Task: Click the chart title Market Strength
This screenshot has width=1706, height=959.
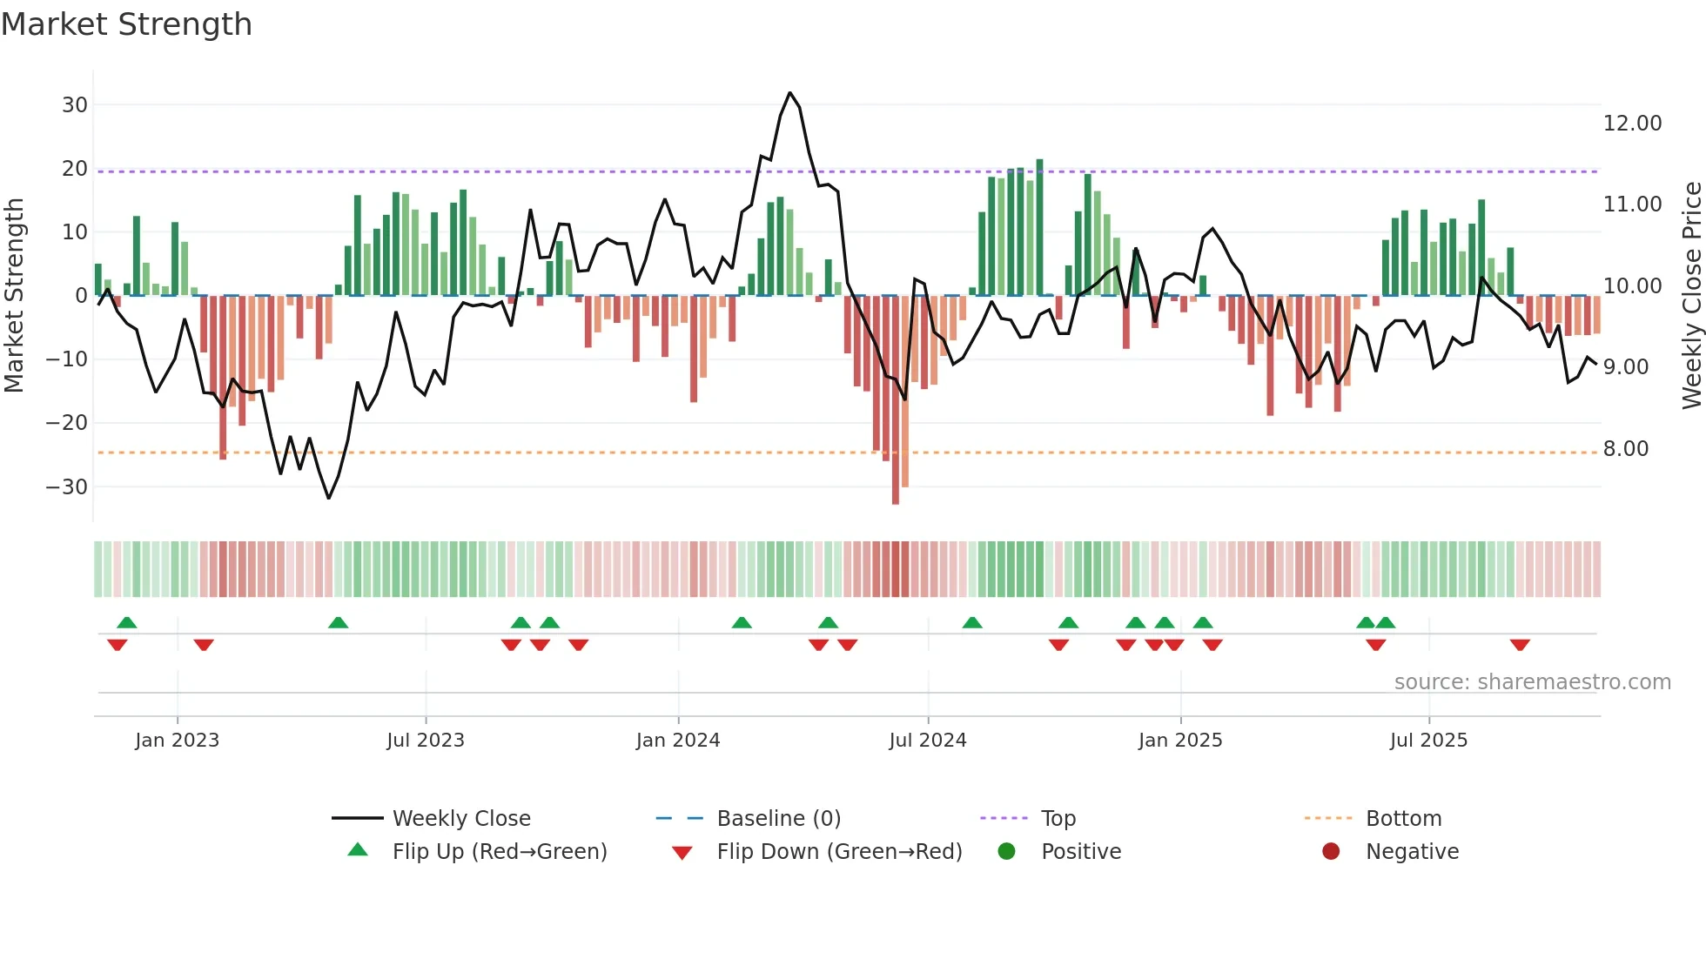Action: point(126,24)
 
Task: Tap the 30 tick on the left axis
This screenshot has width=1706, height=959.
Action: point(75,105)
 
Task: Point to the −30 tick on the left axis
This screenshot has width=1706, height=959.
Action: point(68,487)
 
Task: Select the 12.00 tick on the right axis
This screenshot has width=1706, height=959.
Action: point(1632,124)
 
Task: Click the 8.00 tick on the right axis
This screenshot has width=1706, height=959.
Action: point(1625,449)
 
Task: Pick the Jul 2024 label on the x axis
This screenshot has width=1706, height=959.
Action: point(927,741)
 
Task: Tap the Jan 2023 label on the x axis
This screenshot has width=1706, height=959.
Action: point(177,741)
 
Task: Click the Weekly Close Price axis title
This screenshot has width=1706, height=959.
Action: point(1691,296)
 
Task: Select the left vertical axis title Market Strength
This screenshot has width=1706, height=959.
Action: point(14,296)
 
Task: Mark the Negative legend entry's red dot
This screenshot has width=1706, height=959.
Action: point(1331,852)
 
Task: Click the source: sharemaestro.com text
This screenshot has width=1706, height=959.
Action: point(1532,682)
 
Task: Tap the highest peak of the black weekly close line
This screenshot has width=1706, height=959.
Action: point(789,93)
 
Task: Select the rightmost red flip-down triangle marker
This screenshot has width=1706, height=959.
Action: point(1520,645)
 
